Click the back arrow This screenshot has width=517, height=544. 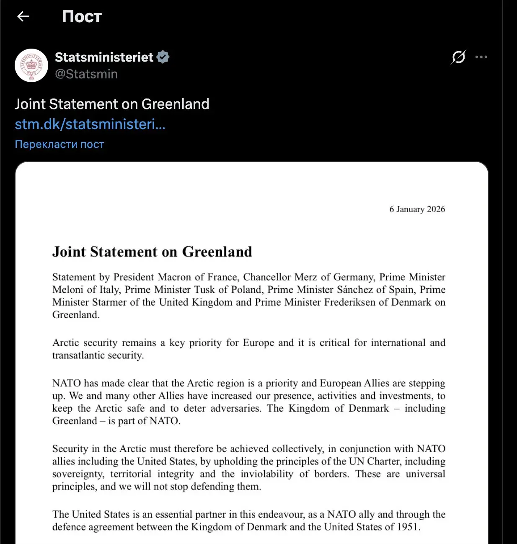click(x=23, y=16)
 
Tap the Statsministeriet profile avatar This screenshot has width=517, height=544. click(x=31, y=65)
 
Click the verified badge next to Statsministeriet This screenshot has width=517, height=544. click(x=163, y=57)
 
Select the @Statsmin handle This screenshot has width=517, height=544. click(x=86, y=74)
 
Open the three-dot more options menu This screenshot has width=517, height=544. click(x=481, y=57)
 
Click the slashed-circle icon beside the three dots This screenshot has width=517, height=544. click(x=458, y=57)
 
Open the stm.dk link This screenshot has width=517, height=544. click(x=90, y=124)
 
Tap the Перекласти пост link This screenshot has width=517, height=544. click(x=59, y=144)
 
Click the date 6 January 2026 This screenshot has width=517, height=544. click(x=417, y=209)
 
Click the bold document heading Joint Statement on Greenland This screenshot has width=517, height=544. click(x=152, y=252)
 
